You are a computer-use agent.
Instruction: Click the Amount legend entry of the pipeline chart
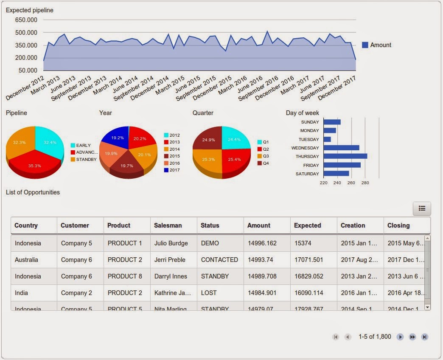point(376,45)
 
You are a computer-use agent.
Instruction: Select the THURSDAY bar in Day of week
point(345,156)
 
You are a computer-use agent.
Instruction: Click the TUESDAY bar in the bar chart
point(327,139)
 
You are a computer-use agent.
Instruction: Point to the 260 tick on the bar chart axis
point(351,183)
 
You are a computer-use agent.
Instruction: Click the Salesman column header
point(168,225)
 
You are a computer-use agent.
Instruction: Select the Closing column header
point(398,225)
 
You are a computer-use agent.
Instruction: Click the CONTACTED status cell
point(219,260)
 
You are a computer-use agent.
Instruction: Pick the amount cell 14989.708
point(262,276)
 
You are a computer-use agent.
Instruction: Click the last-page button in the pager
point(424,337)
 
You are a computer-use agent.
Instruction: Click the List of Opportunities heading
point(33,192)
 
